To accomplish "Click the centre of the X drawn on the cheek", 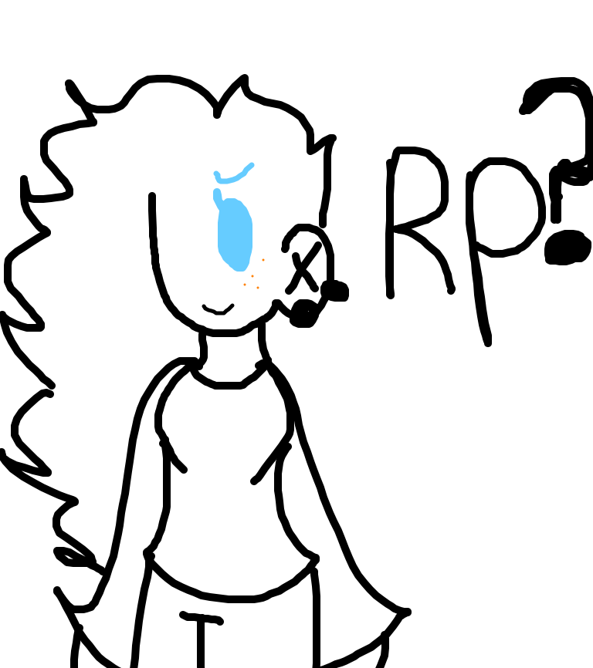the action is (x=303, y=268).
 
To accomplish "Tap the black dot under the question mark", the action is (x=568, y=248).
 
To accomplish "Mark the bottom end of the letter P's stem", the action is (x=489, y=343).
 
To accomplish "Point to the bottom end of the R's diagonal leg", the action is (x=451, y=291).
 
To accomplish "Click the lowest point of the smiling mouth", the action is (x=219, y=313).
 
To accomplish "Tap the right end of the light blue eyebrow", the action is (x=252, y=165).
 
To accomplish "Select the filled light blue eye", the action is (x=234, y=234).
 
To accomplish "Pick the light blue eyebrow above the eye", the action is (x=232, y=174).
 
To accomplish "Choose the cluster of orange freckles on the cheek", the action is (x=254, y=275).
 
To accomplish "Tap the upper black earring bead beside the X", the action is (x=335, y=291).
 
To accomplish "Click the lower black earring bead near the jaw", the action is (x=304, y=313).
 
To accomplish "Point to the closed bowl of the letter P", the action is (x=507, y=207).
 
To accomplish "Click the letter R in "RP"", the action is (x=418, y=222).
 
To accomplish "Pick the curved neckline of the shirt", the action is (x=228, y=378).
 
